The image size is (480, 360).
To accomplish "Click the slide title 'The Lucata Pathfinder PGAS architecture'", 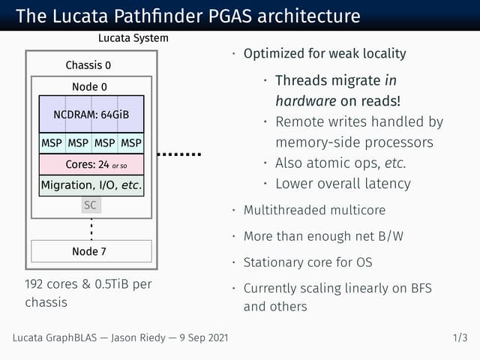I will tap(187, 16).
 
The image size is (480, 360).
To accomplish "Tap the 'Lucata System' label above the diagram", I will tap(133, 38).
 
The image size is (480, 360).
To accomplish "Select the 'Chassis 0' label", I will tap(88, 65).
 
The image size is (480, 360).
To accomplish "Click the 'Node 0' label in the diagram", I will tap(89, 87).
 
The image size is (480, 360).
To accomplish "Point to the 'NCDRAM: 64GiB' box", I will tap(91, 115).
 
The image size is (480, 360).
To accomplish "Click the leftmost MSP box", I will tap(52, 142).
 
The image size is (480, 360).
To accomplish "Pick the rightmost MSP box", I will tap(130, 142).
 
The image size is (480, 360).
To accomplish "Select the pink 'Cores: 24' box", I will tap(91, 163).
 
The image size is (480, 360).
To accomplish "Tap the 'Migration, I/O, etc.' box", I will tap(91, 184).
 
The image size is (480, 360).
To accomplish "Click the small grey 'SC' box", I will tap(91, 204).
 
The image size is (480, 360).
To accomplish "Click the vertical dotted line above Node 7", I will tap(91, 226).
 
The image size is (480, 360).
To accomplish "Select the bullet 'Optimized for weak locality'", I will tap(324, 54).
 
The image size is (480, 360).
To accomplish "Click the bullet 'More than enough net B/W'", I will tap(323, 237).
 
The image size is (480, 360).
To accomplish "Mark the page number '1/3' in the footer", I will tap(460, 338).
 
